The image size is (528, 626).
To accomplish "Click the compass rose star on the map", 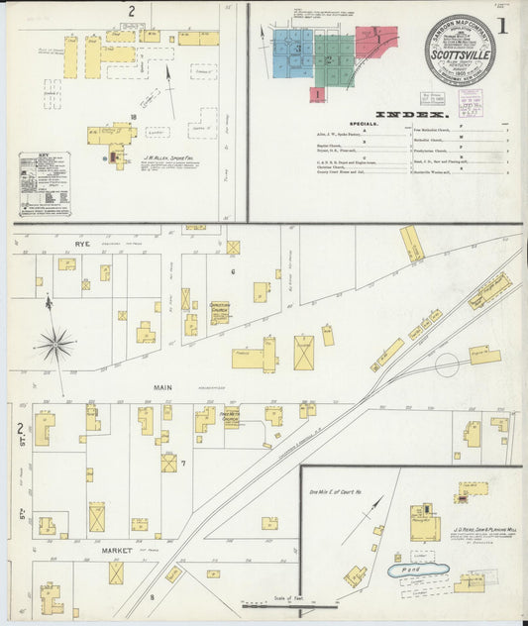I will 55,345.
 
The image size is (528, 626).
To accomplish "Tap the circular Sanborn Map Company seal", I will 459,50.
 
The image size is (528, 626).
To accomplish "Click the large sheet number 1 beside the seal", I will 502,27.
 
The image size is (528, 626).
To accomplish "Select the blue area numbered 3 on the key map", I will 296,48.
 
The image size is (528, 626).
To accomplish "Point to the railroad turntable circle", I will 446,364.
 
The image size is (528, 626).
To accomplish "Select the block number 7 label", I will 183,462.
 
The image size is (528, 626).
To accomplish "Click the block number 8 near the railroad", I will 152,596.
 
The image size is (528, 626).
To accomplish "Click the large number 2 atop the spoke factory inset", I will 131,11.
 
